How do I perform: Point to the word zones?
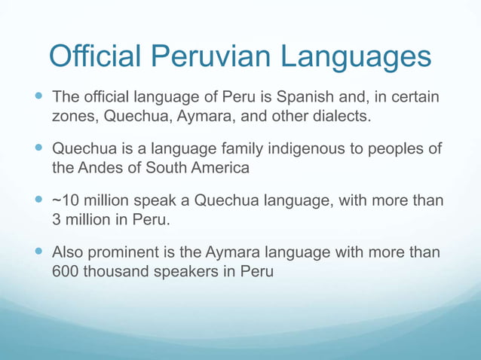coord(75,117)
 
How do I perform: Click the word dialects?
coord(342,117)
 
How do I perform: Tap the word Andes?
coord(103,167)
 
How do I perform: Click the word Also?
coord(69,252)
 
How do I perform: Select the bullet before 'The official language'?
coord(39,97)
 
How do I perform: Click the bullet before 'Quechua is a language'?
coord(39,148)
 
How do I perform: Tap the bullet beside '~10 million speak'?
coord(39,200)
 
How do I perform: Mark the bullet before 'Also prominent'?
coord(39,252)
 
